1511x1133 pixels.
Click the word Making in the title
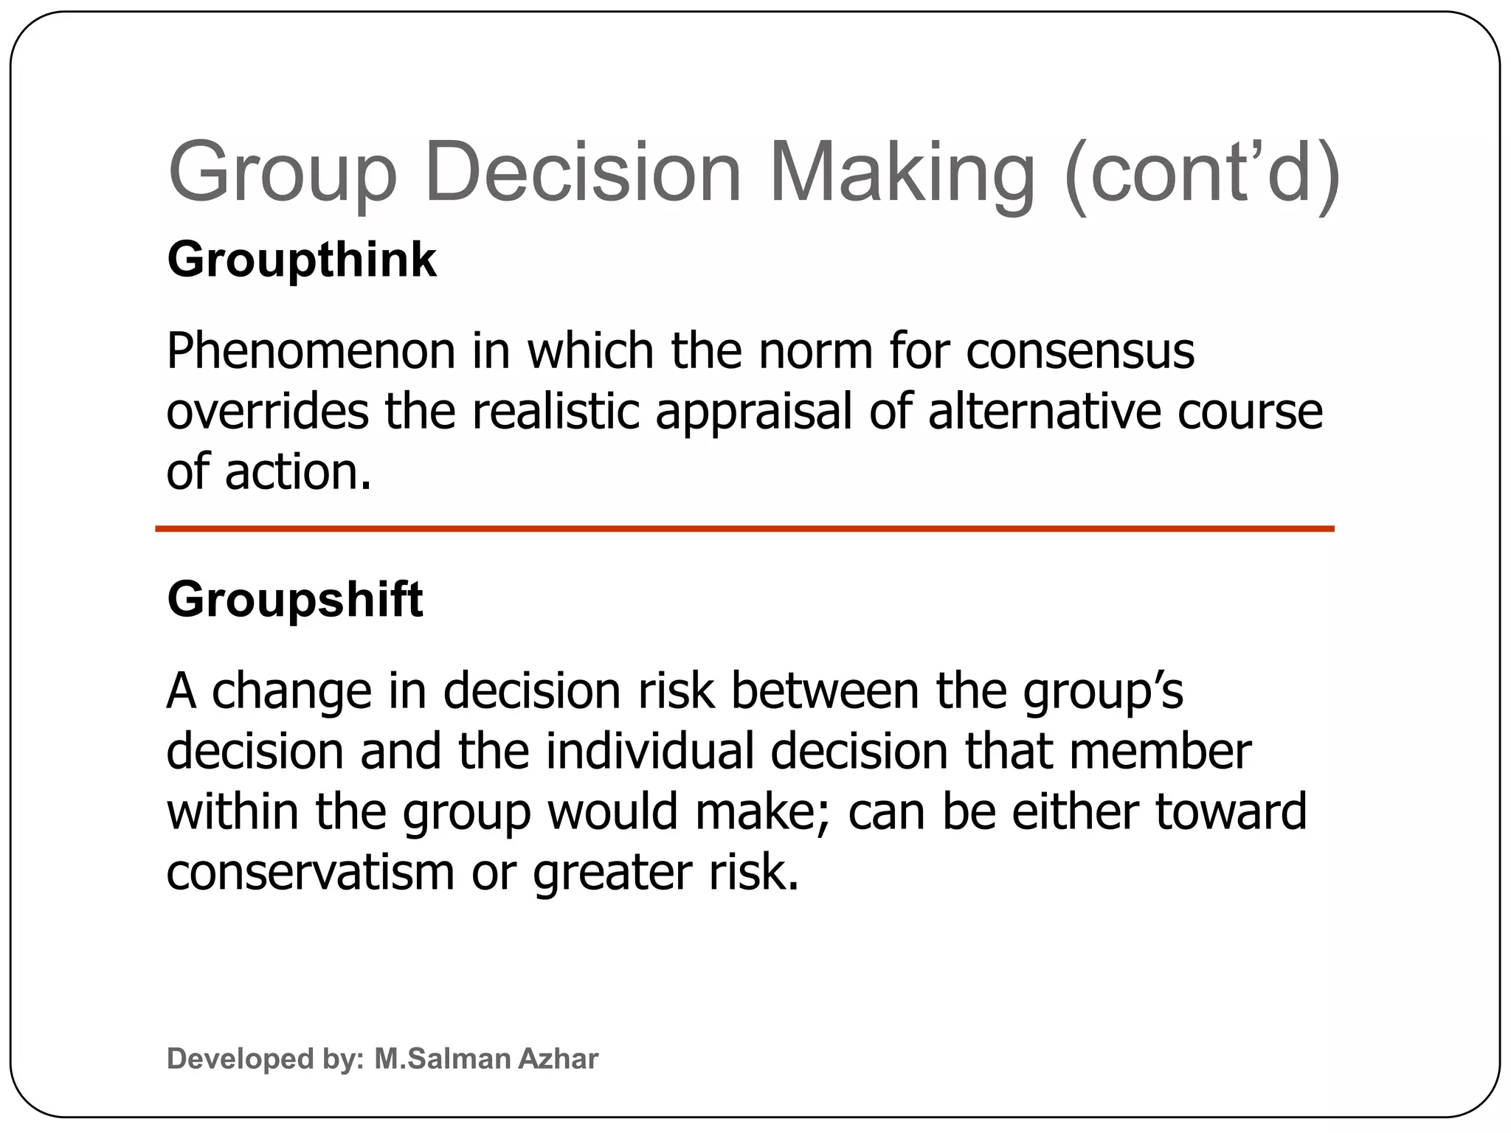pos(902,174)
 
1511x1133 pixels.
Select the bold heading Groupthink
pos(302,260)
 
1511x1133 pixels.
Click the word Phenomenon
pos(311,351)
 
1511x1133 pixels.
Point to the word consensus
pos(1080,351)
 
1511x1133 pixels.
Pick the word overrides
pos(267,412)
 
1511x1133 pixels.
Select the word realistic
pos(556,412)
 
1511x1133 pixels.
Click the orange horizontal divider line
pos(744,529)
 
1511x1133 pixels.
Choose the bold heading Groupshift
pos(295,600)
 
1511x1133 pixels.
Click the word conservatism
pos(311,872)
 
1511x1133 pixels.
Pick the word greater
pos(612,873)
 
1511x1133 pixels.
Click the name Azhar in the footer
pos(558,1058)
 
